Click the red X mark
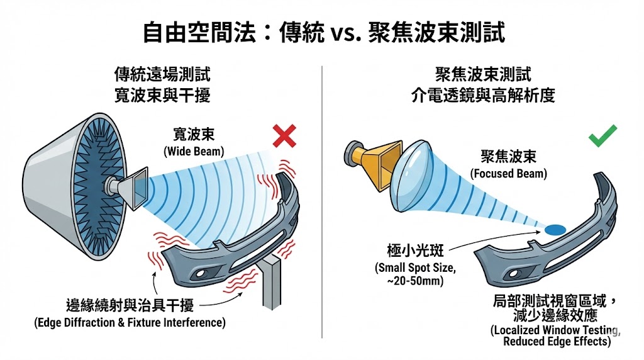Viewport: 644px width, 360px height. point(284,136)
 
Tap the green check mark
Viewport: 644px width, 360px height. point(602,135)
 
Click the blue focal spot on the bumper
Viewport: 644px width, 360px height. point(556,229)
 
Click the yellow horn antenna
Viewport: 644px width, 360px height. point(374,163)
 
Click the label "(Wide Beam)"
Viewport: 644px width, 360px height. point(194,152)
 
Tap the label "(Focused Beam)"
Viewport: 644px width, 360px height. point(508,174)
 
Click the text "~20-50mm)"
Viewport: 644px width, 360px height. point(415,281)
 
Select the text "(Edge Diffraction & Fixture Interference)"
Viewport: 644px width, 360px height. point(130,322)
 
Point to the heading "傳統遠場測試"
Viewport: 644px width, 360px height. point(162,75)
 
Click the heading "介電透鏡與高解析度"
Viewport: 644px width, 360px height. point(483,95)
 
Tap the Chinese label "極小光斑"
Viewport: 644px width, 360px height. point(415,250)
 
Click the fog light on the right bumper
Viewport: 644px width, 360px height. point(513,274)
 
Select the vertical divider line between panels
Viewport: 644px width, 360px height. point(322,202)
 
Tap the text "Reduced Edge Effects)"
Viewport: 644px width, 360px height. point(557,342)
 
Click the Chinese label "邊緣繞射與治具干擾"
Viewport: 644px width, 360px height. point(130,306)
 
